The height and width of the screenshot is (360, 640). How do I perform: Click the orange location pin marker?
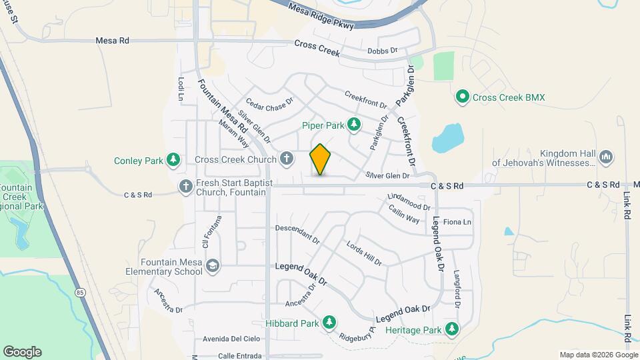(321, 159)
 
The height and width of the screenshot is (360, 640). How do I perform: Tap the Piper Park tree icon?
(355, 124)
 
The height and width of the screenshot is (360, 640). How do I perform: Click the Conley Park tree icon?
(173, 160)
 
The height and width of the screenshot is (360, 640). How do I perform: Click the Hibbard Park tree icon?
(329, 323)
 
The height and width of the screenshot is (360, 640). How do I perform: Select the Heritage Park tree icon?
(452, 329)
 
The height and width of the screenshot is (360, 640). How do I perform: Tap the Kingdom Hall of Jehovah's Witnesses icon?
(606, 157)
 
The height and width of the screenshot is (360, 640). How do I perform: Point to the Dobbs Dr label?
(382, 51)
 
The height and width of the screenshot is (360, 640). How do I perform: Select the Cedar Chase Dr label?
(269, 105)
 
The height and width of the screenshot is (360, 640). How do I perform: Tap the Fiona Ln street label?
(457, 222)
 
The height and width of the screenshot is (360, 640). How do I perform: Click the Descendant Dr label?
(298, 233)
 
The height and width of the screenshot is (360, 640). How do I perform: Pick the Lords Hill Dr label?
(364, 253)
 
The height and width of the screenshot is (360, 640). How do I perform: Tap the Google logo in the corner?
(22, 352)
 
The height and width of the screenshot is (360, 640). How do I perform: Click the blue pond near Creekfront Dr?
(447, 138)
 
